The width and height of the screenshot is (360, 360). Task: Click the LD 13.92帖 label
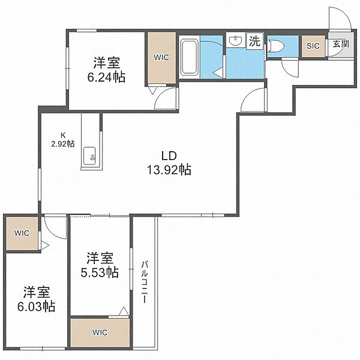point(169,163)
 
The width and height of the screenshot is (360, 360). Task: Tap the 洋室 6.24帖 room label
point(106,70)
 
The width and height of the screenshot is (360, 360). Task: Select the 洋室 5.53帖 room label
point(100,265)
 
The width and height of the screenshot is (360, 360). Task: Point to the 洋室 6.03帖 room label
point(36,299)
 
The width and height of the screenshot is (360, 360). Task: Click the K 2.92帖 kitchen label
point(62,139)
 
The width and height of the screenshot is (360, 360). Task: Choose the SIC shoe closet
point(313,46)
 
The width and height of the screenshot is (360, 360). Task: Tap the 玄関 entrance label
point(341,44)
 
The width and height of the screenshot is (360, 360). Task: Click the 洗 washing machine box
point(255,41)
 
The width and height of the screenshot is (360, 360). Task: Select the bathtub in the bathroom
point(189,57)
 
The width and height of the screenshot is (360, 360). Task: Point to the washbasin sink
point(236,41)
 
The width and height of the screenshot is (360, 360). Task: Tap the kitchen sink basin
point(89,156)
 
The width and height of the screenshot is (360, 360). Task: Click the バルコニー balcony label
point(144,282)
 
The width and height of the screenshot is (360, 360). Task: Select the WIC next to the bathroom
point(161,58)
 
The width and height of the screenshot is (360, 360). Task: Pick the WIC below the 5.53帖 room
point(100,332)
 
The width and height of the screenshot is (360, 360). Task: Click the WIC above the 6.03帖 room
point(22,233)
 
